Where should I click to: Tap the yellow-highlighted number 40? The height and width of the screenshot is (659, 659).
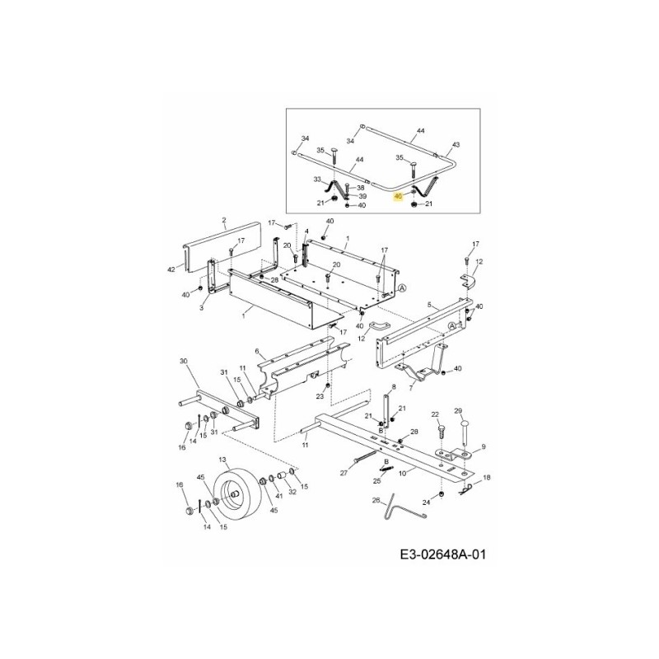[x=399, y=196]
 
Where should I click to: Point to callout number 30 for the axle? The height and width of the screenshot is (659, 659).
[x=183, y=361]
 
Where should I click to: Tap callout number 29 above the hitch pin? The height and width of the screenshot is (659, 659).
[x=459, y=410]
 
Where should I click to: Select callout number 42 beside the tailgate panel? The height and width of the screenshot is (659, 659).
[x=172, y=269]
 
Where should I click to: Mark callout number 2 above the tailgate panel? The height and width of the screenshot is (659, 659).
[x=223, y=221]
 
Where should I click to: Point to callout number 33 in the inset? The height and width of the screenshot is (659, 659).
[x=316, y=179]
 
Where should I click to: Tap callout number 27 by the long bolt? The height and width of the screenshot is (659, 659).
[x=344, y=474]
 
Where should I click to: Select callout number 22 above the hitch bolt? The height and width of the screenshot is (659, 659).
[x=435, y=414]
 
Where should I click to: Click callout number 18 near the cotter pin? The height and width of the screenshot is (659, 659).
[x=486, y=478]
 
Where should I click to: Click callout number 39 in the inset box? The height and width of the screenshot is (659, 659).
[x=362, y=196]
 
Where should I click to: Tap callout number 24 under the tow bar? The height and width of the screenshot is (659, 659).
[x=427, y=502]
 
